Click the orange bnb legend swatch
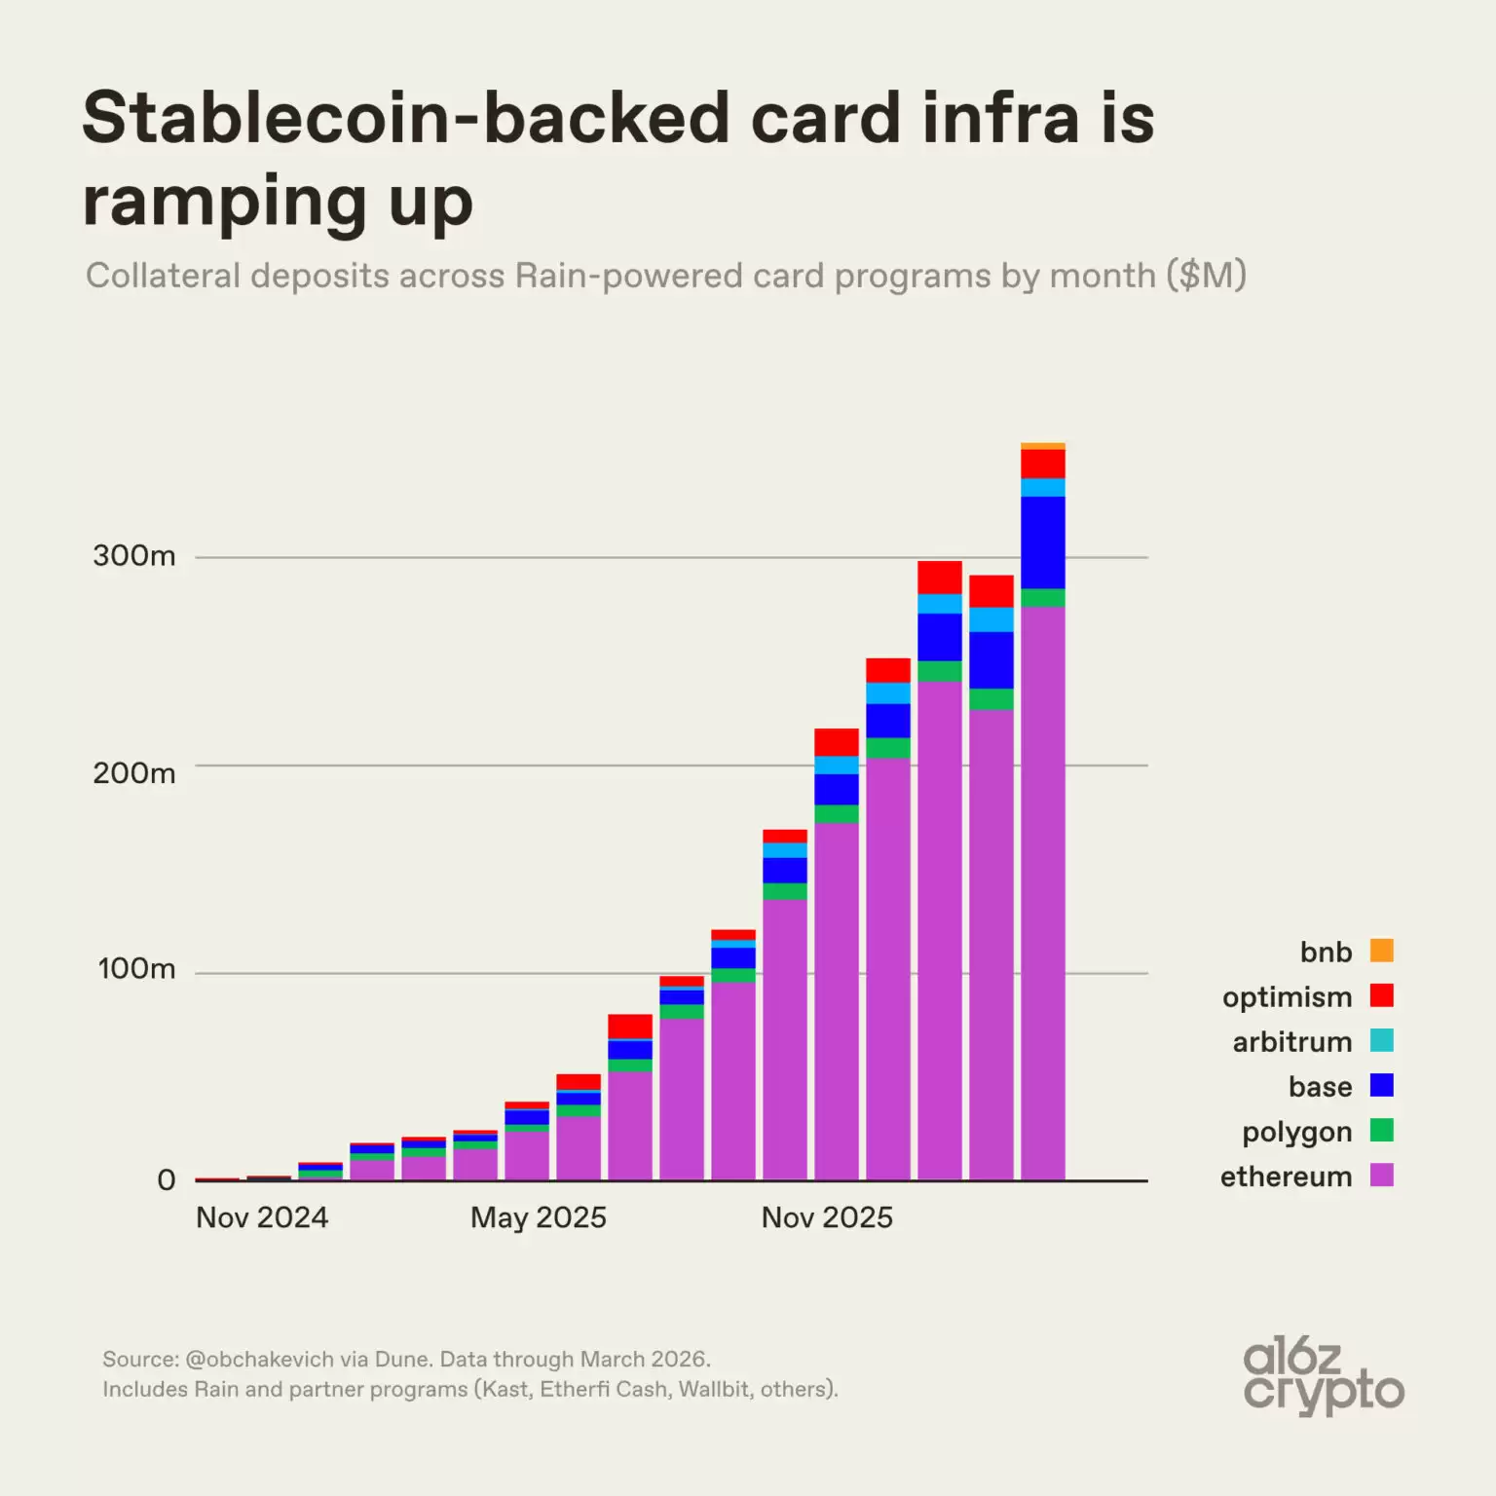(1381, 951)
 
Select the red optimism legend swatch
(1381, 995)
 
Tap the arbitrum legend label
(1291, 1042)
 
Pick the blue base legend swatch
(1381, 1085)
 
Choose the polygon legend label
(1296, 1132)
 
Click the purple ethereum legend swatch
(1381, 1176)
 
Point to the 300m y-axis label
(134, 556)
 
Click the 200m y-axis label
(134, 773)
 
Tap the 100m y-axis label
(136, 969)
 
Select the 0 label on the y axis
(167, 1180)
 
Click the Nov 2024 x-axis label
(262, 1217)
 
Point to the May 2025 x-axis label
(538, 1217)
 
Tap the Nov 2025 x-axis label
(827, 1217)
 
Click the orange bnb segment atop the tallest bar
(1042, 446)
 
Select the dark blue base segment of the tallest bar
(1042, 542)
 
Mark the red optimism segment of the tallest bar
(1042, 464)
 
